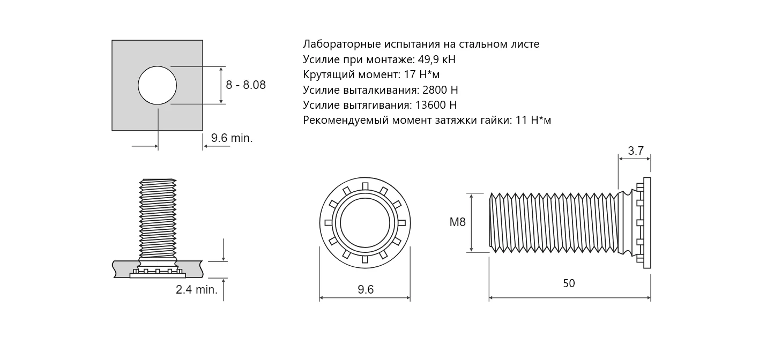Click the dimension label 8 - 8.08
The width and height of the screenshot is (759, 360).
point(245,85)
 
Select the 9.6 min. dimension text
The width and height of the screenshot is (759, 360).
point(232,138)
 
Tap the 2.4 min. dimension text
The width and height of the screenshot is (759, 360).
point(197,290)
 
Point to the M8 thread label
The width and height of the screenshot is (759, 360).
point(457,222)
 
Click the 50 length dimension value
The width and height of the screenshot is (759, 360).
point(569,283)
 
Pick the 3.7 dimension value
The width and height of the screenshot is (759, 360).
point(636,151)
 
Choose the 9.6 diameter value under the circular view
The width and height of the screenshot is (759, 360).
point(365,290)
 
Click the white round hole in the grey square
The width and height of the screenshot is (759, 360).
point(157,85)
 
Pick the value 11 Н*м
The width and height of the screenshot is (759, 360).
point(533,121)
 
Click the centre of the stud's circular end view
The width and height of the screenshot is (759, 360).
point(364,222)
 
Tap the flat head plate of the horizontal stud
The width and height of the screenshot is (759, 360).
point(647,222)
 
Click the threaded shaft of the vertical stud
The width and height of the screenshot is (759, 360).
point(158,217)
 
